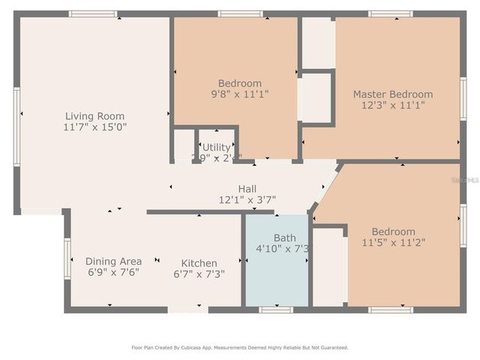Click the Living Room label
click(94, 115)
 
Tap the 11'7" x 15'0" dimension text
click(94, 127)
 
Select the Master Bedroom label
click(393, 94)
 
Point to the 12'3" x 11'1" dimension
click(393, 106)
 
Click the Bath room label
click(284, 238)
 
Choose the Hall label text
click(247, 189)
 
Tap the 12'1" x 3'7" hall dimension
click(247, 200)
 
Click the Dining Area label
click(113, 261)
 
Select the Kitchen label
click(199, 263)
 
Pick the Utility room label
click(216, 147)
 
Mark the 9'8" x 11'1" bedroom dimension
click(240, 94)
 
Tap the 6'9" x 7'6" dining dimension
click(113, 272)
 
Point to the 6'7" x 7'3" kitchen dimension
click(199, 274)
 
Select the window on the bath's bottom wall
click(276, 309)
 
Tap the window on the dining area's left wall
click(67, 259)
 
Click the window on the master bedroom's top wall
click(390, 13)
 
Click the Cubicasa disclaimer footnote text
click(240, 347)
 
